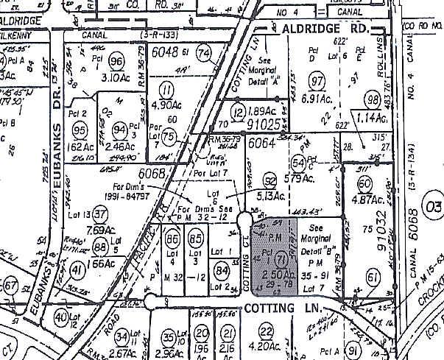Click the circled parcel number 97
(x=318, y=80)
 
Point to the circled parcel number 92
(x=270, y=181)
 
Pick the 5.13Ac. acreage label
(x=273, y=197)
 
